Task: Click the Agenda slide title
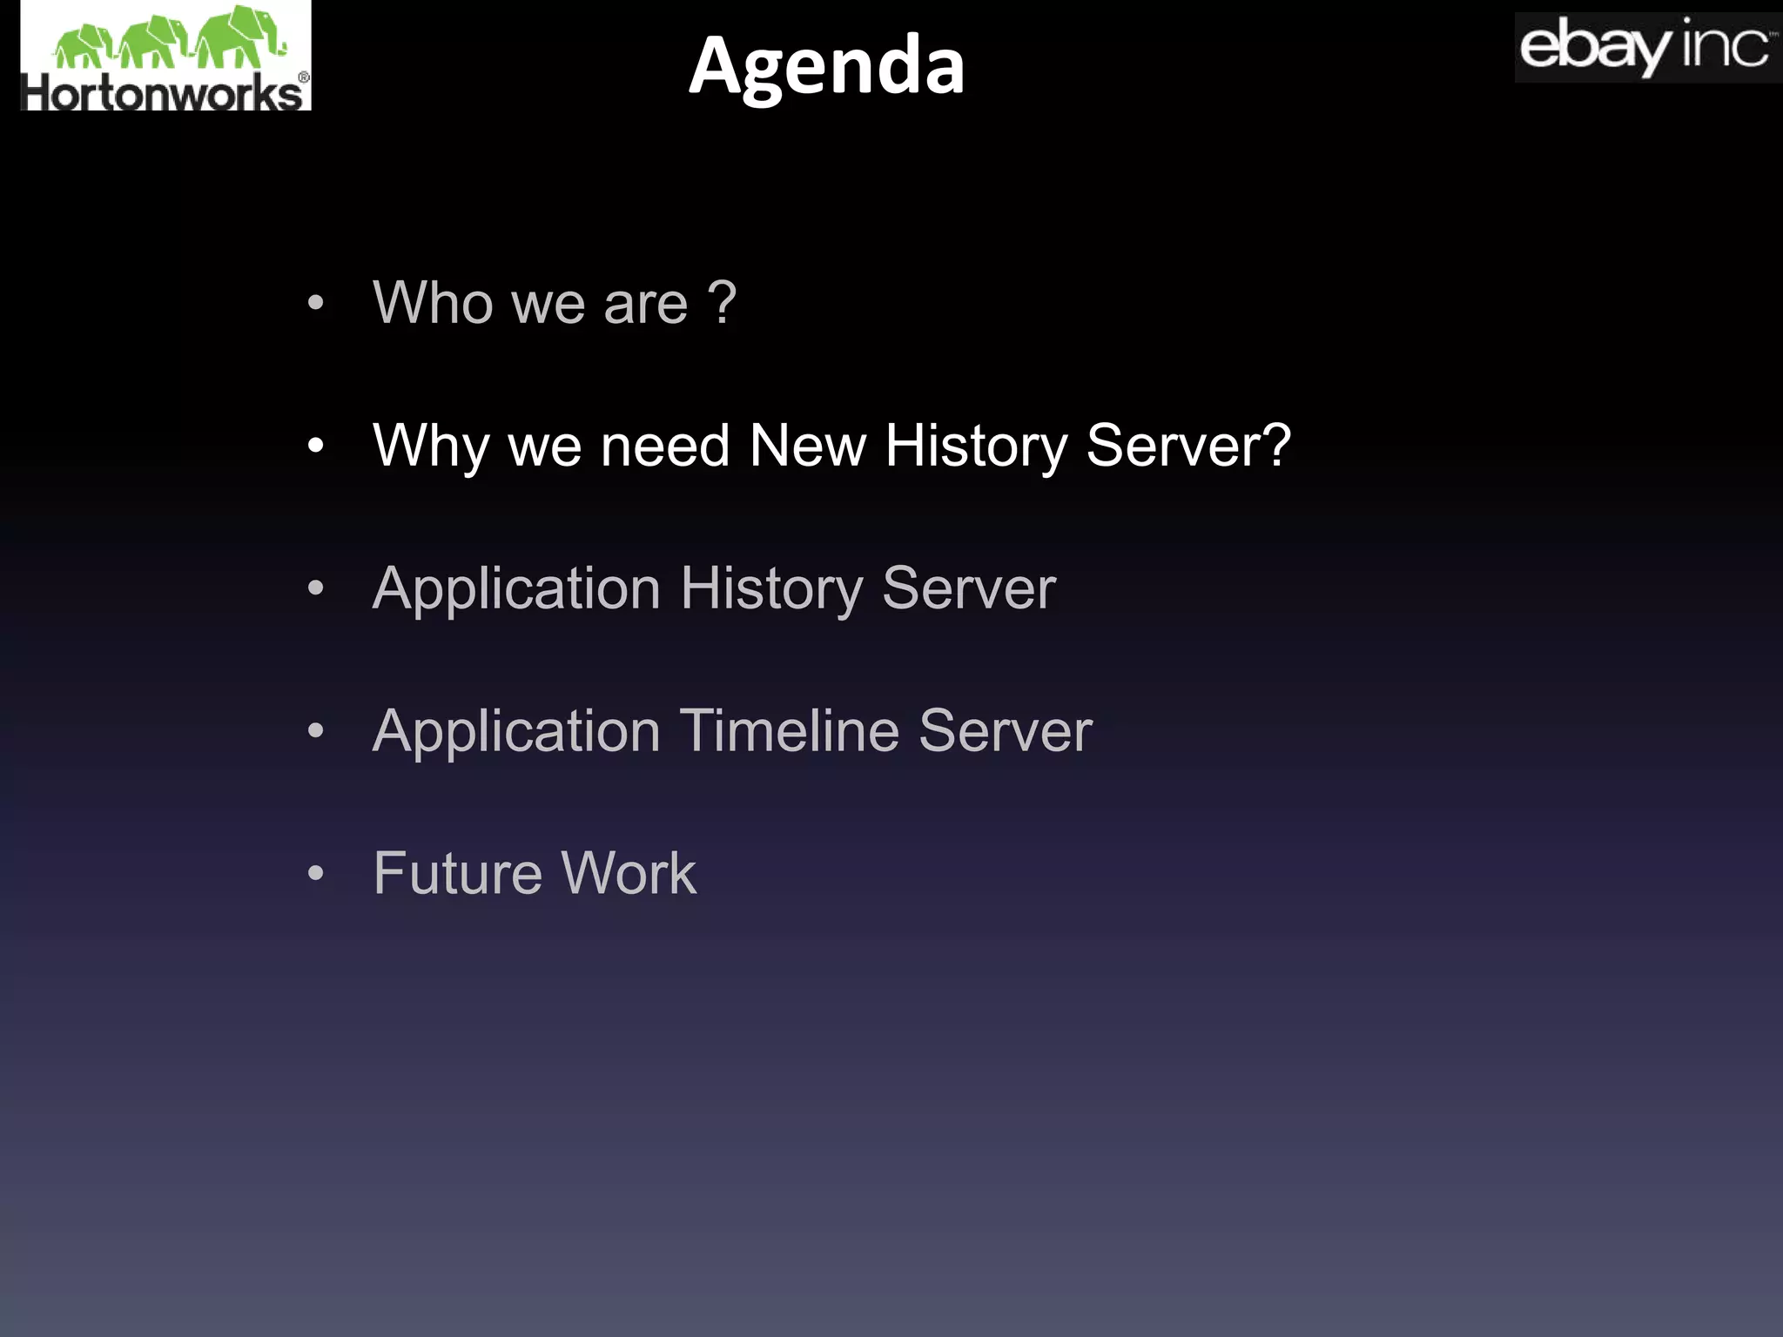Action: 826,66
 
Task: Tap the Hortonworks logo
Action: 165,57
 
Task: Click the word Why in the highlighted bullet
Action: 429,446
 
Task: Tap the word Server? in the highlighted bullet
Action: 1188,446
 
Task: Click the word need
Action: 664,446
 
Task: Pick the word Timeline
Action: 788,730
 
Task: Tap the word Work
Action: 629,873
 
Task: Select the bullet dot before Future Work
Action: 315,873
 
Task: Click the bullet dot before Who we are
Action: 315,304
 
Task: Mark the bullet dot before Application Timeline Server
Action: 315,731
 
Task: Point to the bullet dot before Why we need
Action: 315,447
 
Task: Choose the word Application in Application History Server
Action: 516,589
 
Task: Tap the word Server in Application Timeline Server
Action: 1005,730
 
